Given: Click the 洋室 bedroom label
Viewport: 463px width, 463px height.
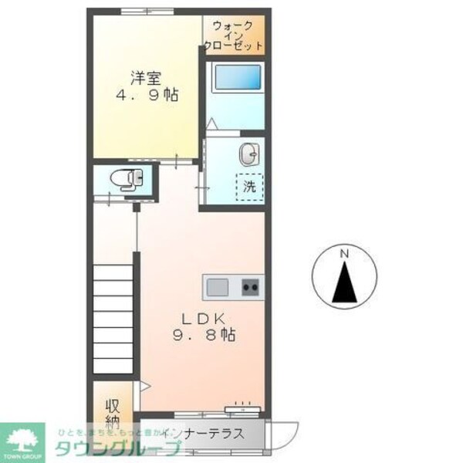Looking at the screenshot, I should pyautogui.click(x=145, y=77).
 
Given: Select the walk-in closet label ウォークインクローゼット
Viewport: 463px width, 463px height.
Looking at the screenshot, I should pyautogui.click(x=234, y=35).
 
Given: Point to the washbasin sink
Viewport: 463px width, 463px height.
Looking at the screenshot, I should pyautogui.click(x=249, y=154).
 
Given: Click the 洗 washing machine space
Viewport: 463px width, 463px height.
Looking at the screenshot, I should pyautogui.click(x=248, y=187).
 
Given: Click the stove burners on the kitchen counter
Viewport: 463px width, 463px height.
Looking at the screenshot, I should pyautogui.click(x=251, y=288).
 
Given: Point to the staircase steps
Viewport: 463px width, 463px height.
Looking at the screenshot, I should pyautogui.click(x=114, y=316).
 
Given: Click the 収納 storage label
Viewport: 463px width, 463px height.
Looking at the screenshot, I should pyautogui.click(x=113, y=414).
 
